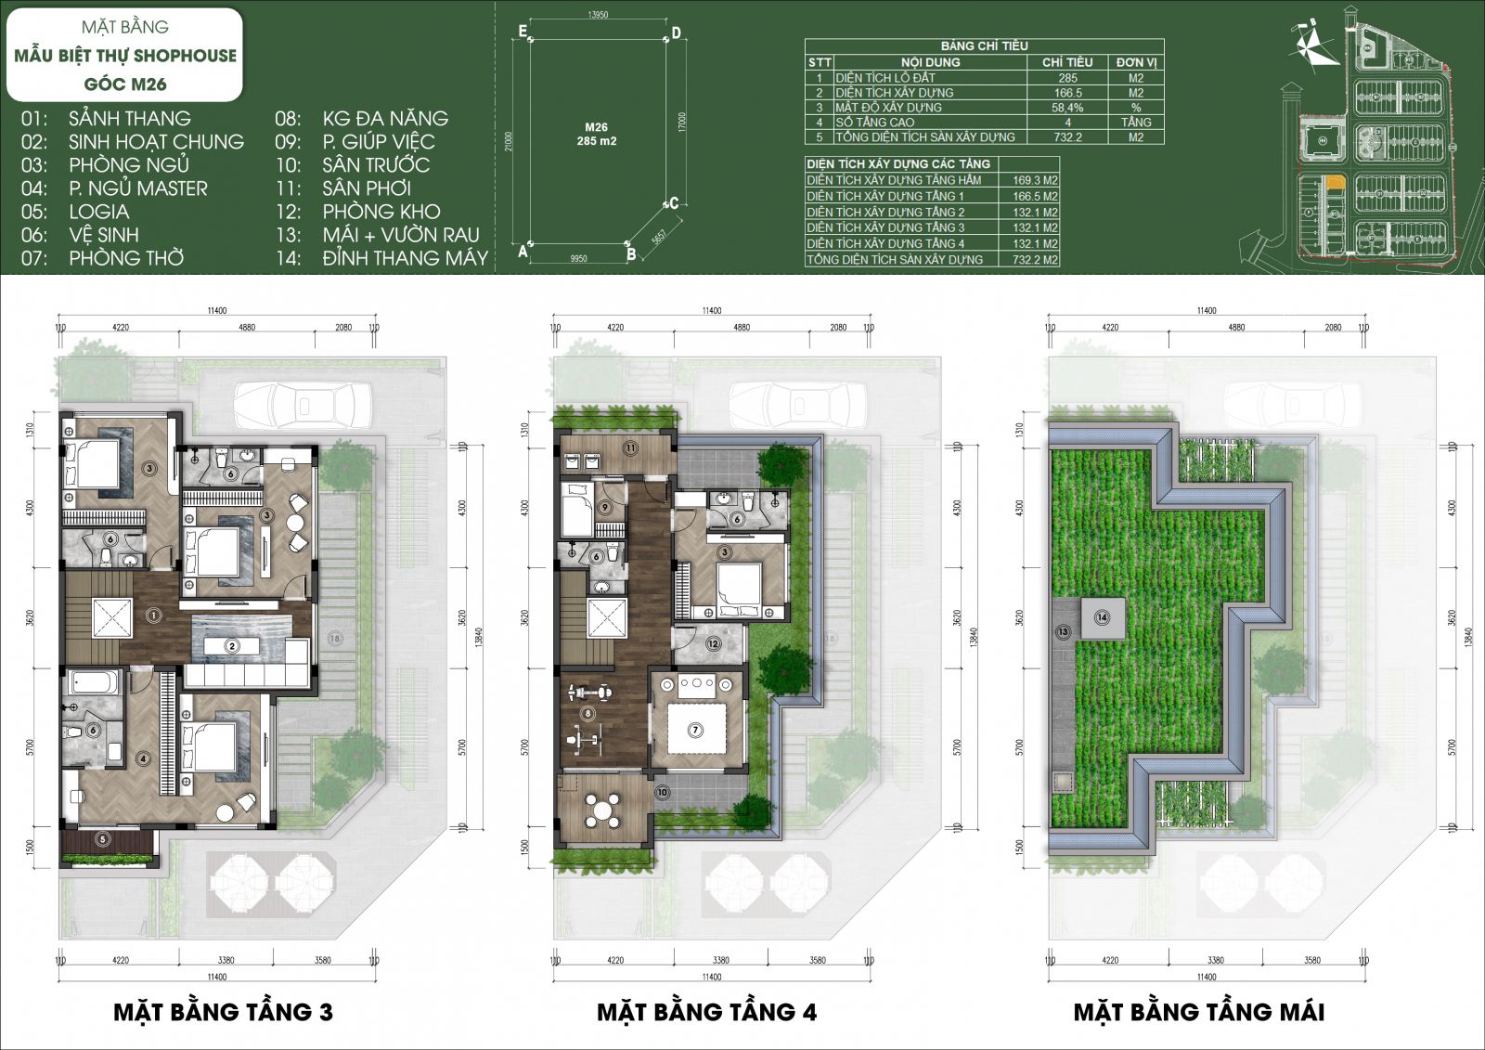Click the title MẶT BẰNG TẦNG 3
tap(223, 1011)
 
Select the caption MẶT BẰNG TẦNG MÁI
tap(1198, 1011)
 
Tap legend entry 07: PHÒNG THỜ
tap(104, 258)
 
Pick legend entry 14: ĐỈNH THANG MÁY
tap(381, 258)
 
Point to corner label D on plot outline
tap(677, 33)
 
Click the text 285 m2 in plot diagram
tap(596, 141)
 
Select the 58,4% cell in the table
tap(1067, 108)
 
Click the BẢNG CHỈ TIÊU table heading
tap(984, 45)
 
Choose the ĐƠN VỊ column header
tap(1136, 62)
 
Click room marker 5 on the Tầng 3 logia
tap(103, 839)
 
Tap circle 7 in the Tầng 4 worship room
tap(696, 731)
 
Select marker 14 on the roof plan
tap(1102, 617)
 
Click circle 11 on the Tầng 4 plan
tap(630, 448)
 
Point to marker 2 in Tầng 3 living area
tap(233, 646)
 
